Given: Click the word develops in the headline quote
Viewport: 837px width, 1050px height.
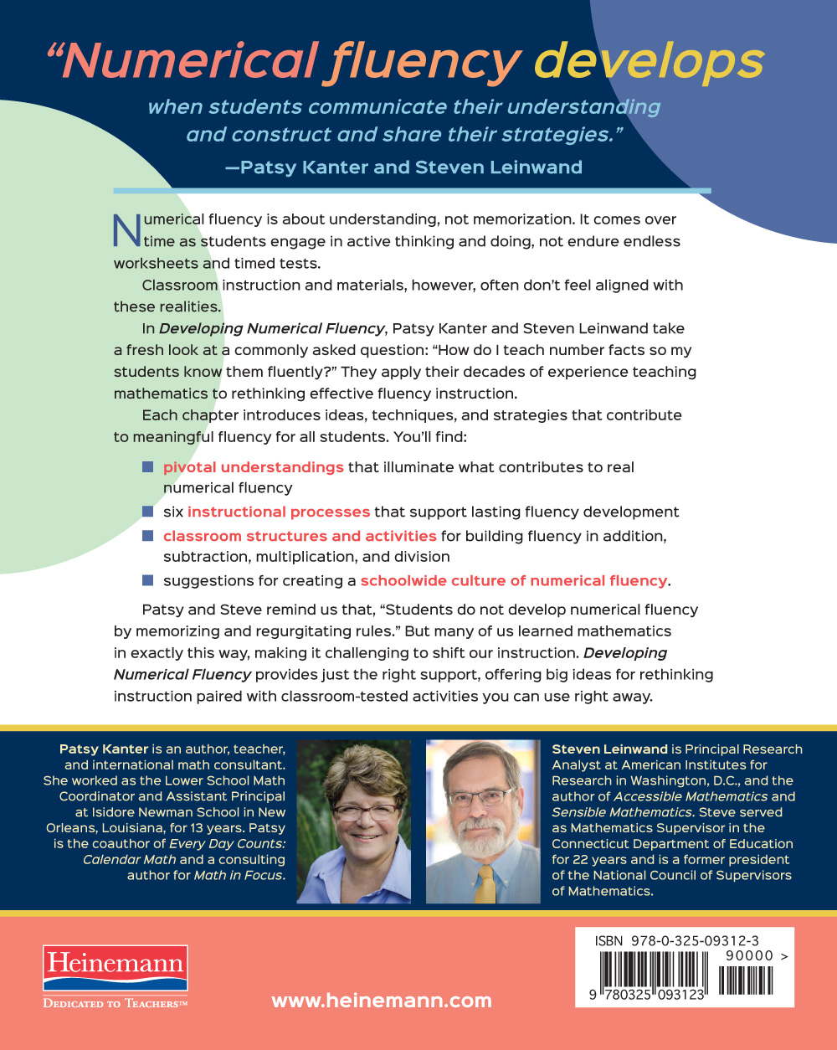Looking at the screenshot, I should [649, 62].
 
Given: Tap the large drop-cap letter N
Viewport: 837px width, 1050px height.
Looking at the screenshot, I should [126, 230].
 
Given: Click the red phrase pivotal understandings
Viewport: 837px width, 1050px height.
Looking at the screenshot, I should [253, 467].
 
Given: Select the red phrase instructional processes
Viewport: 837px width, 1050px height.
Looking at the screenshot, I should [279, 512].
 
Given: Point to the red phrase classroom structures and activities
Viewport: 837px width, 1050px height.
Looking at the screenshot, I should [300, 536].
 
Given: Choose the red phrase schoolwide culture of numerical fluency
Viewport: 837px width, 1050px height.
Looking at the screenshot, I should [514, 580].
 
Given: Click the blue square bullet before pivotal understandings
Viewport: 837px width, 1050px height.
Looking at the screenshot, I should [148, 466].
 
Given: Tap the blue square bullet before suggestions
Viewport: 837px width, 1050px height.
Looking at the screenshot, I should [148, 579].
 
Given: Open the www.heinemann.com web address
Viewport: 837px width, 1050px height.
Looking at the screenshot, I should [382, 1001].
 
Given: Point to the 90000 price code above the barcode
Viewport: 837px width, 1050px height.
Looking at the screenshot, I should [750, 955].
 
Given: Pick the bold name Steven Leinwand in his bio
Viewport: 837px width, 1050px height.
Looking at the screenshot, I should [609, 749].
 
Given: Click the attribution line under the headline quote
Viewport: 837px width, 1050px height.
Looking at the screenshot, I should [403, 167].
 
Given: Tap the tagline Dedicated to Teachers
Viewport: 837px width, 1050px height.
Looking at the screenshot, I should [116, 1003].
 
